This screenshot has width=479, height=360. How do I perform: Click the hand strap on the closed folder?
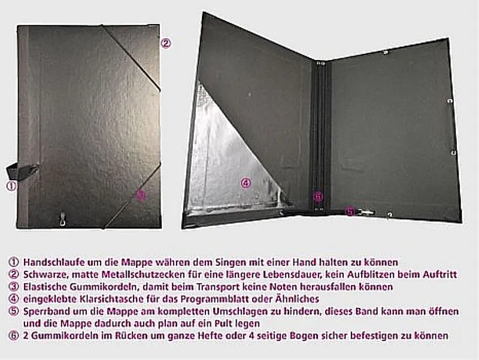[x=23, y=170]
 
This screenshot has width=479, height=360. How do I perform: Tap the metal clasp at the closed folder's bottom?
[x=63, y=219]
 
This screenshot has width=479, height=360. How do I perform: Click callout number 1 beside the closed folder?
[x=11, y=186]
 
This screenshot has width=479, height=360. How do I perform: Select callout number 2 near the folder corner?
[x=166, y=43]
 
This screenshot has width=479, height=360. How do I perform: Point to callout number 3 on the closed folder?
[x=141, y=196]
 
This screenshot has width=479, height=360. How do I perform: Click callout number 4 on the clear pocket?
[x=246, y=183]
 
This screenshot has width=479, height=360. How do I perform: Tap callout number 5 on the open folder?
[x=350, y=211]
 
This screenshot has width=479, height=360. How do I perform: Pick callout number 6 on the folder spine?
[x=318, y=196]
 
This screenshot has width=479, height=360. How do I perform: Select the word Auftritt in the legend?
[x=440, y=274]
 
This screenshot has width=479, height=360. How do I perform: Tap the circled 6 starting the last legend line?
[x=14, y=335]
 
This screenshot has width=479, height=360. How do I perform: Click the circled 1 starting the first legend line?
[x=14, y=262]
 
